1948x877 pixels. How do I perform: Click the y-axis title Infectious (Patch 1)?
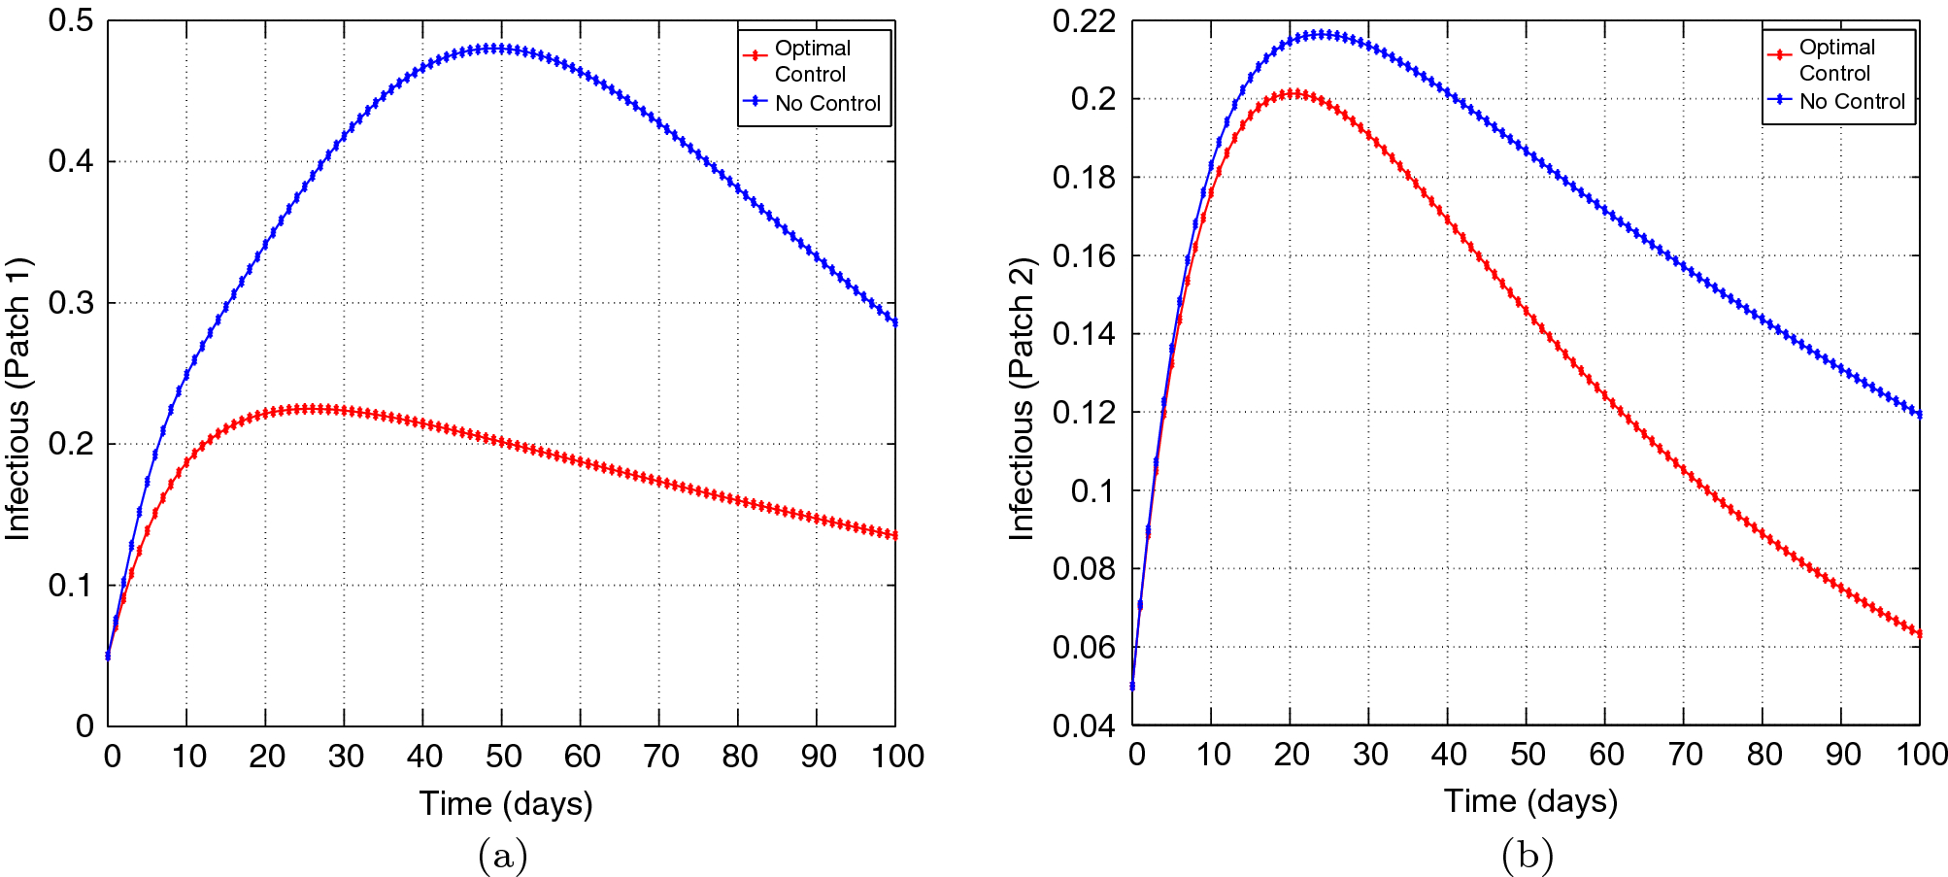(19, 398)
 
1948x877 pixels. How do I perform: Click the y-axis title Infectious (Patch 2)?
(1022, 398)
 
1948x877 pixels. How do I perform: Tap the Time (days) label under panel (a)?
(505, 804)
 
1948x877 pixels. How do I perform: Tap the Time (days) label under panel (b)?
(1529, 801)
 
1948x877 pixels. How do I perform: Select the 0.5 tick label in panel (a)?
(71, 20)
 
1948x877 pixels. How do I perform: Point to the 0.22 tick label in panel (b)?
(1084, 20)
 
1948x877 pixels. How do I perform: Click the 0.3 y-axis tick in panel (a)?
(71, 303)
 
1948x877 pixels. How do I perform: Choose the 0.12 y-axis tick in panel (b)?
(1084, 412)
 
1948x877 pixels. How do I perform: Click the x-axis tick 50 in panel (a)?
(503, 757)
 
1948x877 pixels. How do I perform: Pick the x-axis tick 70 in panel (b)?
(1685, 755)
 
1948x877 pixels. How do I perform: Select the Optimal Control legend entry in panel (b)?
(1835, 60)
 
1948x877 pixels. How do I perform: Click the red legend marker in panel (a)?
(756, 55)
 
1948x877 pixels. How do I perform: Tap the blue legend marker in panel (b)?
(1779, 100)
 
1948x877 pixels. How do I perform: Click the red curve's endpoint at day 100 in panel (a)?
(894, 535)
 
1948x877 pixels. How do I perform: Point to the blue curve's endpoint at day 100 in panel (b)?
(1919, 415)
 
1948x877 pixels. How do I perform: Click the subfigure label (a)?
(503, 857)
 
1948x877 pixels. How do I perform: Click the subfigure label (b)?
(1528, 857)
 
